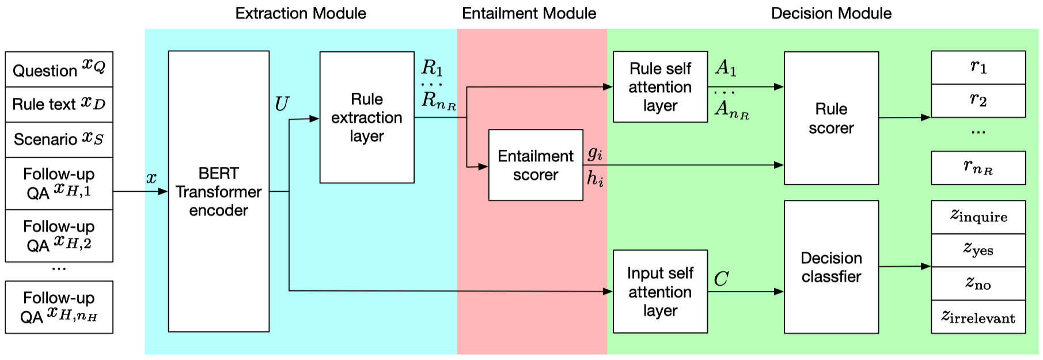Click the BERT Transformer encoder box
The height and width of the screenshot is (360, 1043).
tap(218, 191)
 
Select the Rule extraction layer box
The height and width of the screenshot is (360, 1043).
tap(366, 118)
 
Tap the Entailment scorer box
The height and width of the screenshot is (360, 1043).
tap(536, 165)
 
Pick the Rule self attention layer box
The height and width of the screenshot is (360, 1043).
tap(660, 87)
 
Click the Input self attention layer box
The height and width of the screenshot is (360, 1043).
tap(660, 291)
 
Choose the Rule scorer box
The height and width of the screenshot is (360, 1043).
tap(831, 118)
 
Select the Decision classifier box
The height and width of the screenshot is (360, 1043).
tap(831, 267)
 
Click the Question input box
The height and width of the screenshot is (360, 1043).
tap(59, 70)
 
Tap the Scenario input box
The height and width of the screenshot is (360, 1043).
tap(59, 139)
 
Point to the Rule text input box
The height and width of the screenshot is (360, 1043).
tap(59, 104)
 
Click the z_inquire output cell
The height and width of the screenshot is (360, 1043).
tap(978, 217)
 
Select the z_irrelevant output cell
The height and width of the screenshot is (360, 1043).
tap(978, 317)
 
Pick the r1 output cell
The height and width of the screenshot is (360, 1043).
tap(978, 67)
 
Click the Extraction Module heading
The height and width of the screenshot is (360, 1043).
tap(301, 13)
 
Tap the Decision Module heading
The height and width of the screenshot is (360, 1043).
tap(831, 13)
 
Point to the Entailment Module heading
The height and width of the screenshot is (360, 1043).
tap(529, 13)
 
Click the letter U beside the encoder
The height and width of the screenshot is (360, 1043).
tap(282, 104)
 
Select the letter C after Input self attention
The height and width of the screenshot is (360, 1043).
tap(721, 279)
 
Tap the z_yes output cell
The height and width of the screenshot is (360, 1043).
tap(978, 250)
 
